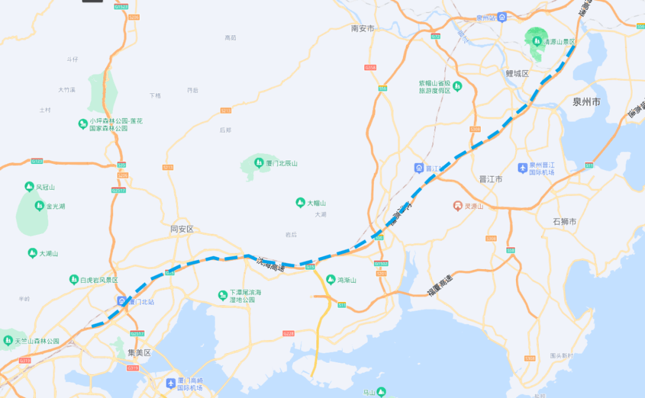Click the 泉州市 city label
coord(586,102)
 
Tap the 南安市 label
coord(363,28)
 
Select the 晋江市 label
coord(491,179)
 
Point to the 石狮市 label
coord(564,221)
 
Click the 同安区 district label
coord(182,229)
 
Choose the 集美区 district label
coord(139,353)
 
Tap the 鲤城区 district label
coord(517,73)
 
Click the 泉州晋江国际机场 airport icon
coord(523,168)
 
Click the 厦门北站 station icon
coord(122,301)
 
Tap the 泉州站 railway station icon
coord(502,17)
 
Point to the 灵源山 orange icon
coord(458,206)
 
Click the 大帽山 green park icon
coord(300,203)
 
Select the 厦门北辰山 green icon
coord(259,162)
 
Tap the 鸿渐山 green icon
coord(330,279)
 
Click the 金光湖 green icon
coord(39,206)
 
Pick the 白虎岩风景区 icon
coord(74,279)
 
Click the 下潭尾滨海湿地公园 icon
coord(223,295)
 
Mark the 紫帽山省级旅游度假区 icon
coord(457,87)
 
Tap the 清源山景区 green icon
coord(537,42)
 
